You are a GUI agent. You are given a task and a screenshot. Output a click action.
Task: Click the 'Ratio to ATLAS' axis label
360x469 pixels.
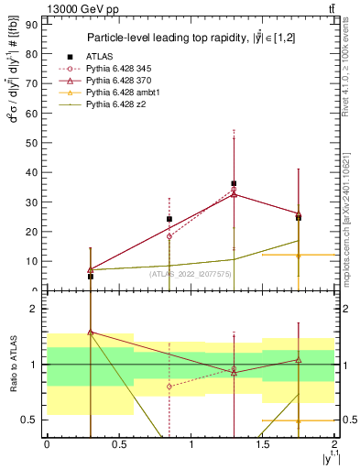tap(14, 364)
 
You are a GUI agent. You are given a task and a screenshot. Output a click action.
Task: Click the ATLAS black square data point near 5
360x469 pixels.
tap(90, 276)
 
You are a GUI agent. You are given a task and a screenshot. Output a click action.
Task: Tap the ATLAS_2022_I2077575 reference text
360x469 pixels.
tap(190, 273)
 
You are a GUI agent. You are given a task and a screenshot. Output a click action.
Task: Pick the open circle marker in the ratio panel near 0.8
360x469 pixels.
tap(169, 387)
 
